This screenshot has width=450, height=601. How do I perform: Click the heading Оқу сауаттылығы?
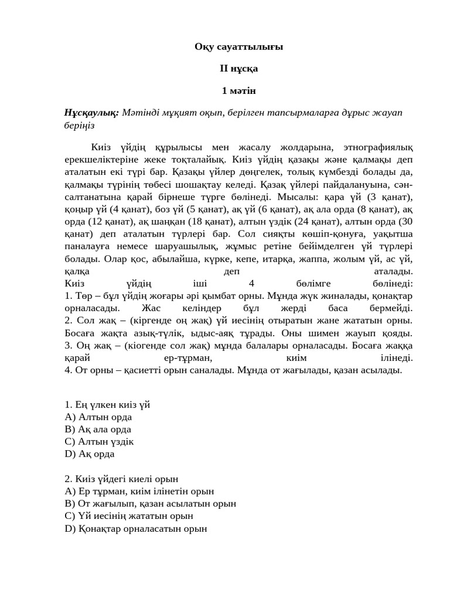[x=238, y=47]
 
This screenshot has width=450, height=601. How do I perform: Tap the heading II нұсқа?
[x=238, y=69]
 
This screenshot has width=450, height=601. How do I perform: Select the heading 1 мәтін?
[x=238, y=90]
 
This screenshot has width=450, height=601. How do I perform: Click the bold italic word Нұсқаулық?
[x=91, y=112]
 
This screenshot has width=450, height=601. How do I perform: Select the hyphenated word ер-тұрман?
[x=185, y=357]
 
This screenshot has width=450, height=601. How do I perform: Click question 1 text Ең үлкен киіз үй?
[x=107, y=404]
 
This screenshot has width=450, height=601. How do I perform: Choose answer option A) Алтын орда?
[x=98, y=417]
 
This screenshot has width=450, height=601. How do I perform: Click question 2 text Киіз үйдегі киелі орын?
[x=121, y=480]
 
